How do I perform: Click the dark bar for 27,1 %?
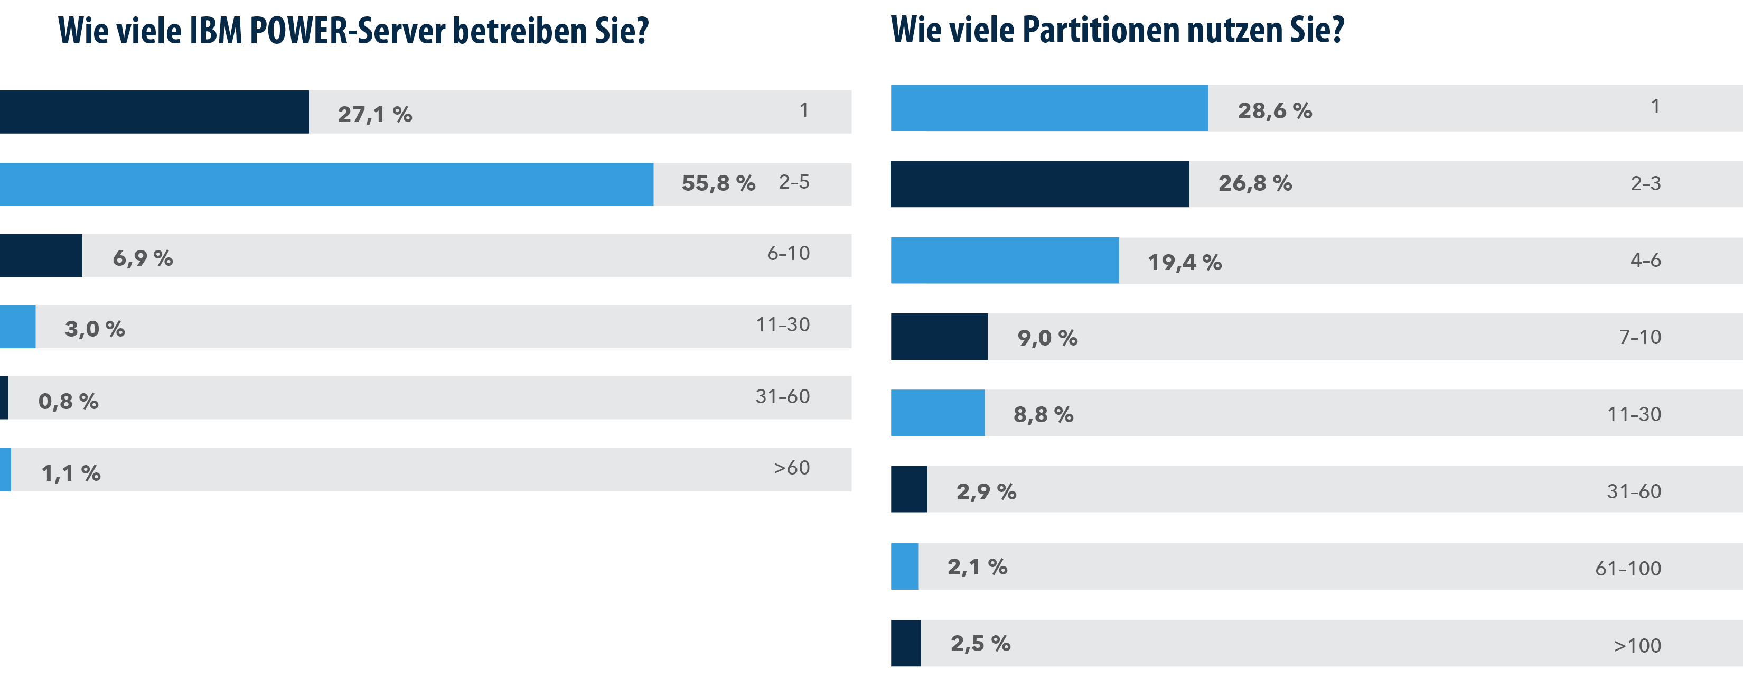tap(154, 112)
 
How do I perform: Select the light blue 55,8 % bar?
tap(327, 184)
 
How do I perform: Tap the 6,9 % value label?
tap(143, 258)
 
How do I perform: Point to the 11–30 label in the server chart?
tap(782, 325)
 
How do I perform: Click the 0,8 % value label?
tap(68, 401)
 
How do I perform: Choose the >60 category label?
tap(792, 468)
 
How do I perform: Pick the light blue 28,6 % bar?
tap(1049, 108)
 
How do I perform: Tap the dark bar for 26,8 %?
tap(1039, 184)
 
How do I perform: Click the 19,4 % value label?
tap(1184, 262)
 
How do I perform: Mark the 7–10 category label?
tap(1639, 337)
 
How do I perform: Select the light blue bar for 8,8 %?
tap(937, 413)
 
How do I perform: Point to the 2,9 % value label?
tap(986, 492)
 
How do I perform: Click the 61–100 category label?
tap(1628, 569)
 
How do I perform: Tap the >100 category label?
tap(1637, 646)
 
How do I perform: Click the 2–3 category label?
tap(1646, 183)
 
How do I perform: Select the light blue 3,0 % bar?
tap(17, 327)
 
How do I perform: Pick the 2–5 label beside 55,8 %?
tap(794, 182)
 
